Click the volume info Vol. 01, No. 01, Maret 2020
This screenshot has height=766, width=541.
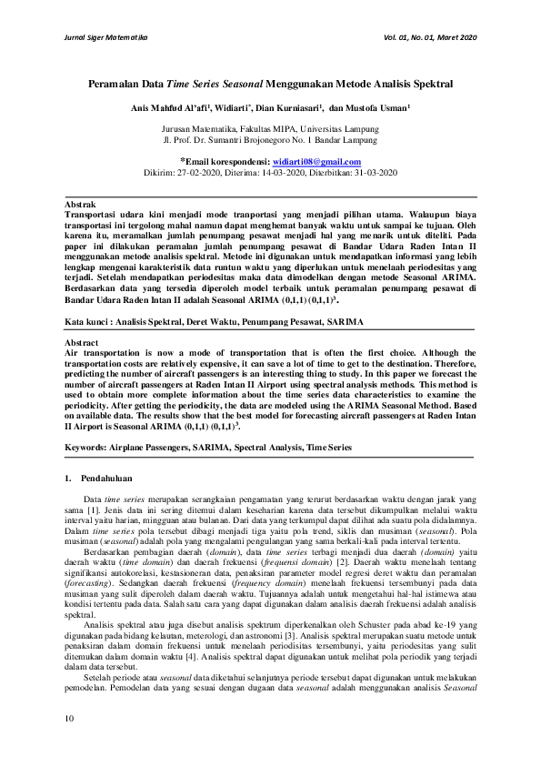[429, 37]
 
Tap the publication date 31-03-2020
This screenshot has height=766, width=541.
[372, 171]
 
